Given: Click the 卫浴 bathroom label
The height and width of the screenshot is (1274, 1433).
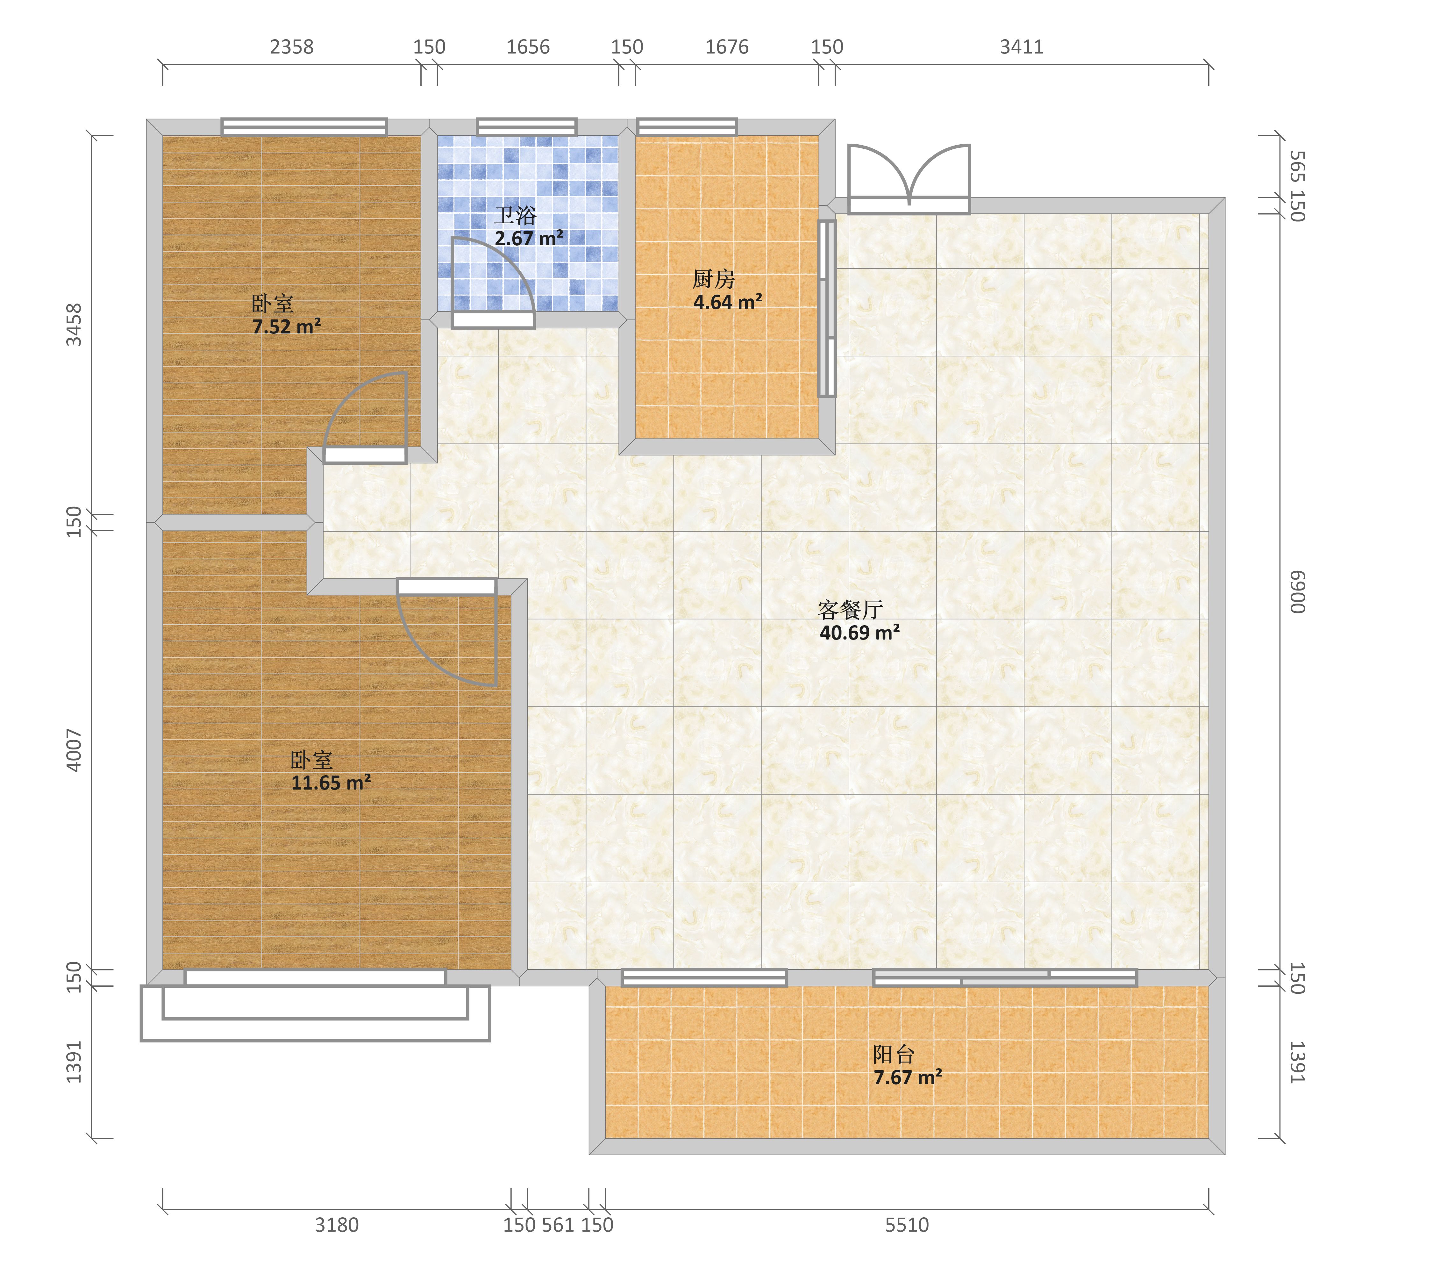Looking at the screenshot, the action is [x=515, y=215].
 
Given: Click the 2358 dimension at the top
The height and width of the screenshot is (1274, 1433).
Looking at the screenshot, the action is [x=292, y=47].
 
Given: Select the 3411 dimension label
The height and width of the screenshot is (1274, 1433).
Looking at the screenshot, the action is [x=1022, y=47].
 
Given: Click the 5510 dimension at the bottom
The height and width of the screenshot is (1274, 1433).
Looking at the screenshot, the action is [x=907, y=1225].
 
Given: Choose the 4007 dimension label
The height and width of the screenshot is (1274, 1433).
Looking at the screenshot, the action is [x=74, y=750].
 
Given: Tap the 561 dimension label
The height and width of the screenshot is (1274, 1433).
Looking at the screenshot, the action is [x=558, y=1225].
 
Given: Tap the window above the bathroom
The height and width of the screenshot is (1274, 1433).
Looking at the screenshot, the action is [x=526, y=127].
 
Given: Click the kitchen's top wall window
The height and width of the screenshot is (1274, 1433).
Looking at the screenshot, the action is [x=687, y=127].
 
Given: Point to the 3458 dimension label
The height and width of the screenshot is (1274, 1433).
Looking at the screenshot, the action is [x=74, y=325].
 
